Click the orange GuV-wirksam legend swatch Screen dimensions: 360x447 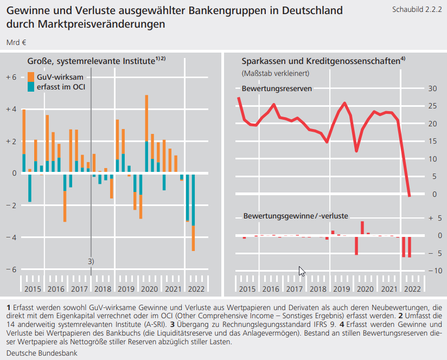pyautogui.click(x=31, y=76)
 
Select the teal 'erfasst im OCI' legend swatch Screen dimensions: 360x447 pyautogui.click(x=31, y=87)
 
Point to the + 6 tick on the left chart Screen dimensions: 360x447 pyautogui.click(x=11, y=77)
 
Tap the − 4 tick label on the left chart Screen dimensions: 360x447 pyautogui.click(x=11, y=237)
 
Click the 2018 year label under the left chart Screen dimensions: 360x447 pyautogui.click(x=103, y=289)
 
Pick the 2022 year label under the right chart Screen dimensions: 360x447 pyautogui.click(x=412, y=289)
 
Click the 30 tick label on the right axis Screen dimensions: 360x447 pyautogui.click(x=432, y=88)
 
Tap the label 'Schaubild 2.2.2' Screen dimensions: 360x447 pyautogui.click(x=414, y=10)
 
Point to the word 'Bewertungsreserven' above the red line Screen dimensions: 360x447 pyautogui.click(x=277, y=88)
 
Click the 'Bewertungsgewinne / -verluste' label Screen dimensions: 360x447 pyautogui.click(x=296, y=216)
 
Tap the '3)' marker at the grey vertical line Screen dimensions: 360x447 pyautogui.click(x=91, y=261)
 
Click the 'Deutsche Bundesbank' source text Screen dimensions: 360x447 pyautogui.click(x=42, y=353)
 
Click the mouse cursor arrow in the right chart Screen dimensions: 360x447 pyautogui.click(x=302, y=271)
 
